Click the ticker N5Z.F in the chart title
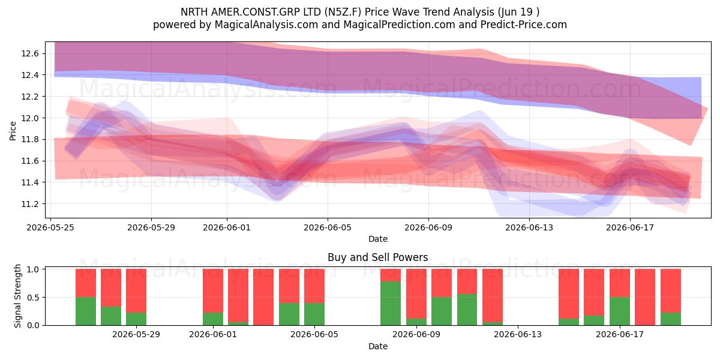[343, 12]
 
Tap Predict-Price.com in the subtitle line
[524, 25]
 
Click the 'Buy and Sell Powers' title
[377, 257]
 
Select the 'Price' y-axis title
[13, 131]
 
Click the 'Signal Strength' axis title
[17, 296]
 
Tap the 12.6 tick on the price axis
[30, 53]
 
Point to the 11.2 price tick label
[30, 204]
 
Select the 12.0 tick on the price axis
[30, 118]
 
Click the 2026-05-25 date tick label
[50, 227]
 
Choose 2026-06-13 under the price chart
[529, 227]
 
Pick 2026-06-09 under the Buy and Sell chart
[416, 334]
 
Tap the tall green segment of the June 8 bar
[391, 303]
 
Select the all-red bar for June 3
[263, 297]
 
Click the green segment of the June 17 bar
[620, 311]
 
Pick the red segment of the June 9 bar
[416, 294]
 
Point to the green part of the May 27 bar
[111, 316]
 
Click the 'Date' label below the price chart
[377, 239]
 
